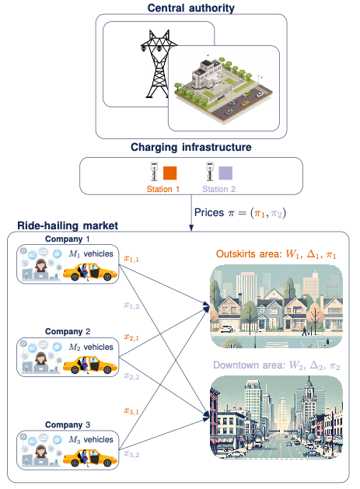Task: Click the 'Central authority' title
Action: tap(190, 8)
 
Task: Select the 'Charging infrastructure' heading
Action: tap(190, 146)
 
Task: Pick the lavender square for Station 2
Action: tap(225, 173)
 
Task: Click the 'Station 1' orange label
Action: tap(163, 188)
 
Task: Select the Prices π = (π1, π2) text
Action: tap(238, 211)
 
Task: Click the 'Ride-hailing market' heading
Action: tap(68, 225)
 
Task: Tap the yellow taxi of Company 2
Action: tap(88, 364)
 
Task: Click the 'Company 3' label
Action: tap(68, 425)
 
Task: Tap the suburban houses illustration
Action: tap(276, 307)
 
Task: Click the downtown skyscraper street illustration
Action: tap(276, 417)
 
